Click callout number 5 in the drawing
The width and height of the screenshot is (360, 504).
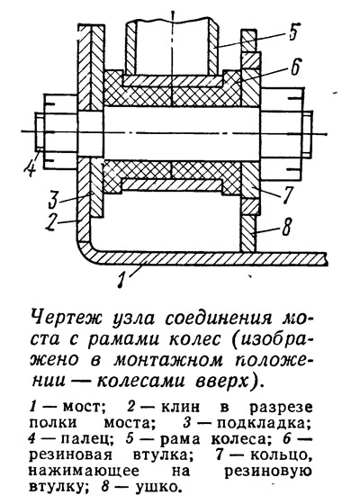[292, 31]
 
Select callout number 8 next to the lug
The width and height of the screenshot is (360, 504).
[286, 227]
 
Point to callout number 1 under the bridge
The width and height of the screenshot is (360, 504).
[121, 278]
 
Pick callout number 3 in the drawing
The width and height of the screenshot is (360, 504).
[52, 199]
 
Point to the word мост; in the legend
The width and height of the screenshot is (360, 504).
[83, 407]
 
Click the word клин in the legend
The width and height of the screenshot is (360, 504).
[180, 407]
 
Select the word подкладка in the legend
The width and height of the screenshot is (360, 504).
[261, 424]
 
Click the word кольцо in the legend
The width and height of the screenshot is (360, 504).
[278, 455]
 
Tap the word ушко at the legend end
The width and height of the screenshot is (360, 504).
[157, 487]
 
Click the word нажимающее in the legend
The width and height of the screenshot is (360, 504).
[84, 472]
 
